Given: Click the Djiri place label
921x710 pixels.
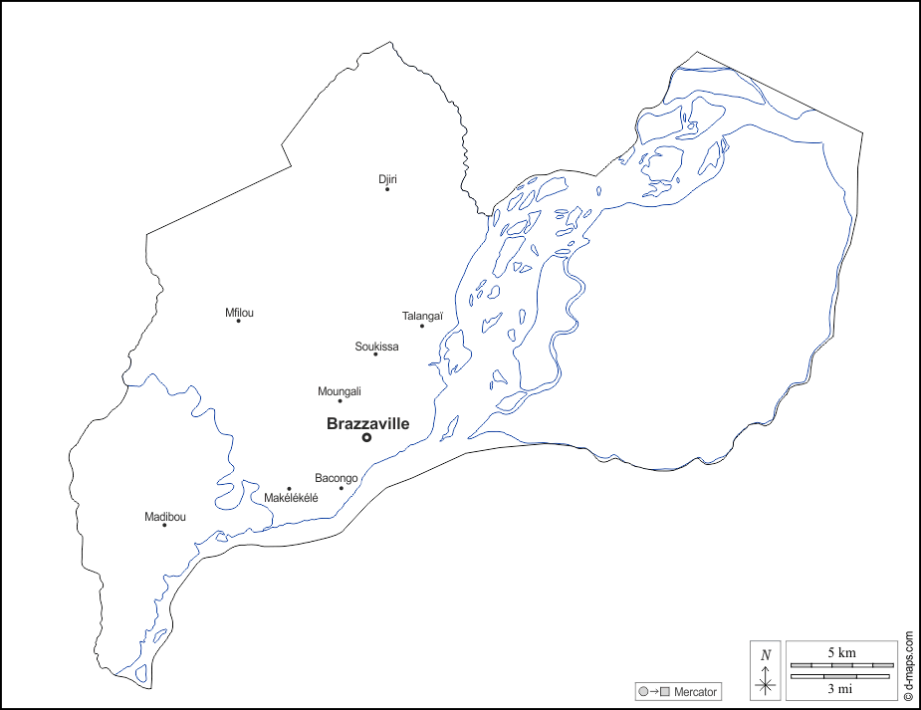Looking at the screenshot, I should [x=387, y=179].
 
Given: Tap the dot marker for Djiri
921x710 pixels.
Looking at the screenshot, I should [x=387, y=188].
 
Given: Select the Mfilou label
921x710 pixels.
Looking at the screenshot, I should [x=239, y=313].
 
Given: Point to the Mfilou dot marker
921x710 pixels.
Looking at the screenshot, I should [x=238, y=321].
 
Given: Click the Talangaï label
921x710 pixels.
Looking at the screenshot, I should [x=422, y=317].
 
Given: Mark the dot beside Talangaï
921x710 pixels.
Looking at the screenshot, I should [x=421, y=326].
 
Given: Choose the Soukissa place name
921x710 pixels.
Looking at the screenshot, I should [x=376, y=347].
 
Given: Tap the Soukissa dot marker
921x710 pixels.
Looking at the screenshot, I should [x=375, y=355].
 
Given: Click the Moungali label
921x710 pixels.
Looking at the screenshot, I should [x=340, y=391].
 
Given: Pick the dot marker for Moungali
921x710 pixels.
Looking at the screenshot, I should [x=340, y=400].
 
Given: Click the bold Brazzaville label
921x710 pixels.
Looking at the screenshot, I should [x=367, y=423].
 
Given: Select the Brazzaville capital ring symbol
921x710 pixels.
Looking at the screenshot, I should [x=366, y=437].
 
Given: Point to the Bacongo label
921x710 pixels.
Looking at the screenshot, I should [x=337, y=478].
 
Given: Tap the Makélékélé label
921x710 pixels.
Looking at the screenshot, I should [x=291, y=498].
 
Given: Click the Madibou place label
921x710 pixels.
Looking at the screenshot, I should [x=165, y=516].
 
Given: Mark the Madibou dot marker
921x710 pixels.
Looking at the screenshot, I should [x=164, y=525].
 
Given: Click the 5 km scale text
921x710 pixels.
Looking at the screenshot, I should [x=841, y=652].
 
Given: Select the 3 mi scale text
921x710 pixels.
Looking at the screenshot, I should [x=841, y=687].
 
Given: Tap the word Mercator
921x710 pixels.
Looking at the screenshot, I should [x=695, y=692].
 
